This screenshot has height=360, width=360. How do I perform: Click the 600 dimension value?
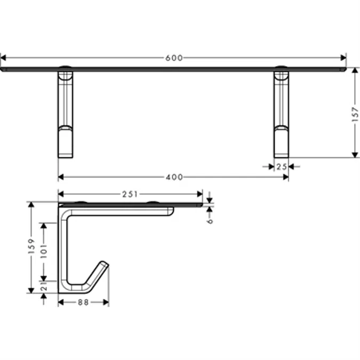174,58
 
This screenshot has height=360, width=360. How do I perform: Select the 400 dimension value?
174,177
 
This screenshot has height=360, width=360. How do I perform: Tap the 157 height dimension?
355,114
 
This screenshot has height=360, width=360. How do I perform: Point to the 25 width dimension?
282,167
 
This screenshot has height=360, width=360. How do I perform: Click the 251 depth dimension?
130,195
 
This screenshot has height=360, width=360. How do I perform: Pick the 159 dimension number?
31,246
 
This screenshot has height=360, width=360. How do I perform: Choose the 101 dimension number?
44,251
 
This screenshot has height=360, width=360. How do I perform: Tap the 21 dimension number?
44,286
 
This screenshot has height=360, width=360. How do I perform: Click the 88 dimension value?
83,302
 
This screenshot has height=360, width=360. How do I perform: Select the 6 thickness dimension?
210,221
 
